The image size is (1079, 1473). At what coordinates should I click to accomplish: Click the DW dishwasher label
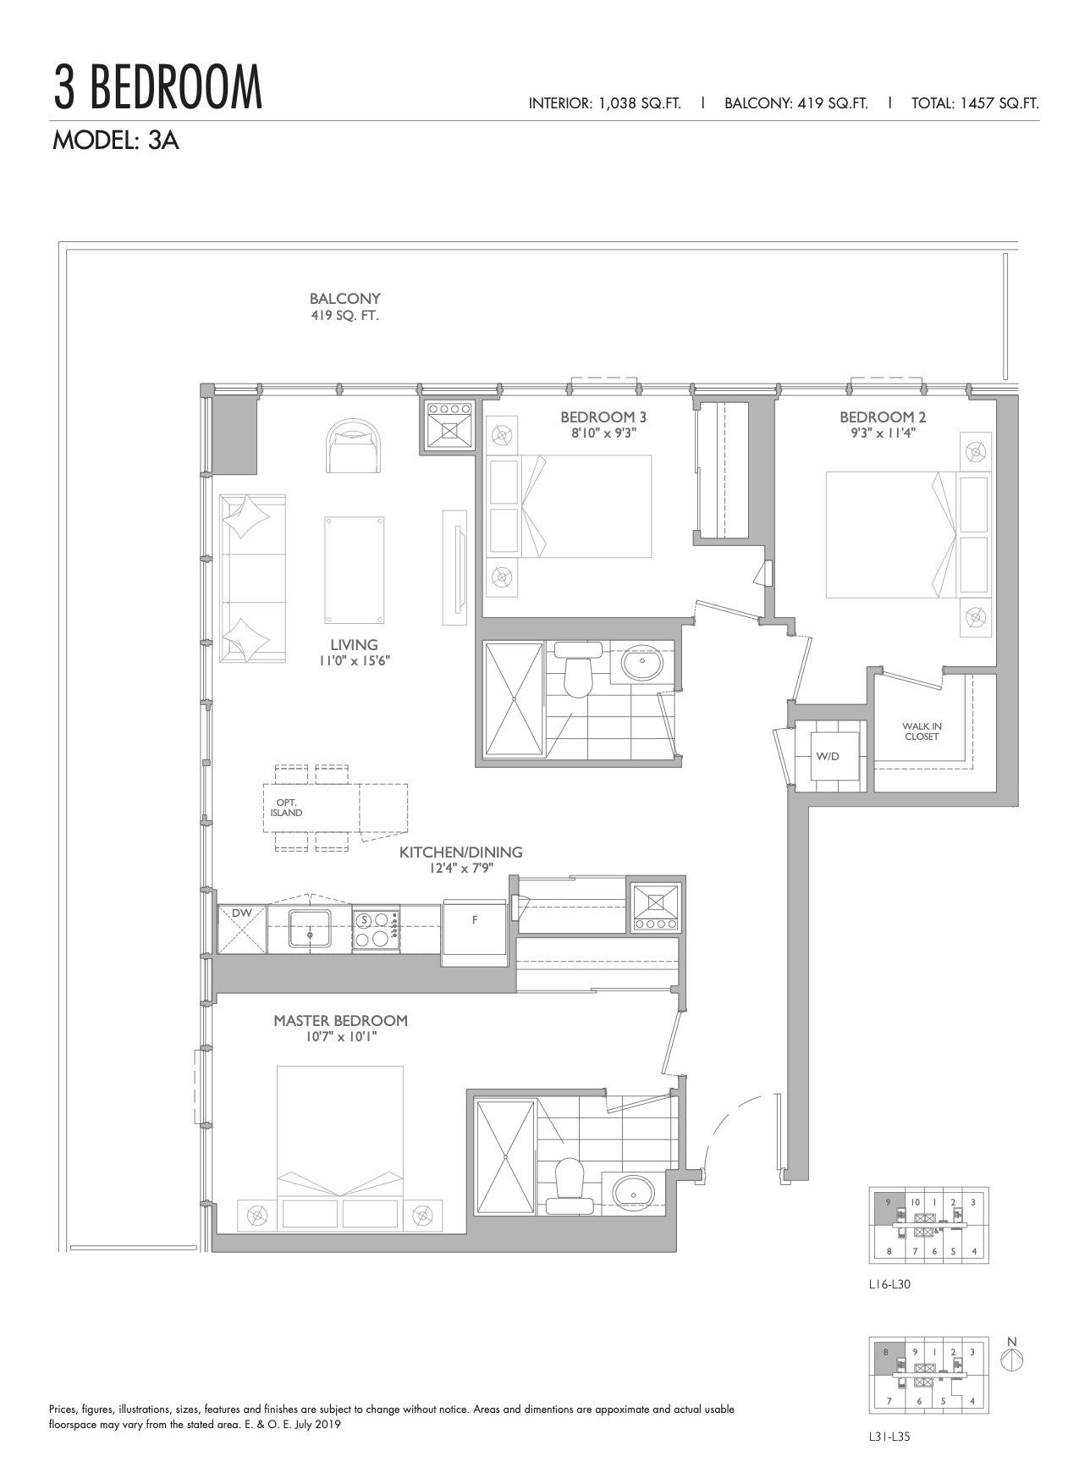coord(241,913)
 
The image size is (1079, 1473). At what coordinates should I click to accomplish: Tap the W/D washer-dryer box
coord(827,756)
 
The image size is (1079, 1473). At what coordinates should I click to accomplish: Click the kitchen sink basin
coord(311,929)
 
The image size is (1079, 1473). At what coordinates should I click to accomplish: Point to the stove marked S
coord(376,930)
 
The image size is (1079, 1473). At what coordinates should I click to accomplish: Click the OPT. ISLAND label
coord(286,808)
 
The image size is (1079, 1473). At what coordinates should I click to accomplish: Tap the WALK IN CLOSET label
coord(921,731)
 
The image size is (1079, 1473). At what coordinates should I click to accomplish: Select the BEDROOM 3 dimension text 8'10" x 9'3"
coord(597,433)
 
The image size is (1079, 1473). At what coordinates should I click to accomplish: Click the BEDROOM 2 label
coord(877,417)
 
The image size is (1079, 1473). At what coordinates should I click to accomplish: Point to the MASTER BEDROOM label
coord(340,1021)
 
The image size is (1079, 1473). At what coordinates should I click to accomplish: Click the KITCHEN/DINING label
coord(460,852)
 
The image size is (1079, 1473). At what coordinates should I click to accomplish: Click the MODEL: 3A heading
coord(116,141)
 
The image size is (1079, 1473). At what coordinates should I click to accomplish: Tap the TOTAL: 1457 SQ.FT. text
coord(975,103)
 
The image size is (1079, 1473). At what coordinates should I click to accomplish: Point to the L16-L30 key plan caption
coord(889,1283)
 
